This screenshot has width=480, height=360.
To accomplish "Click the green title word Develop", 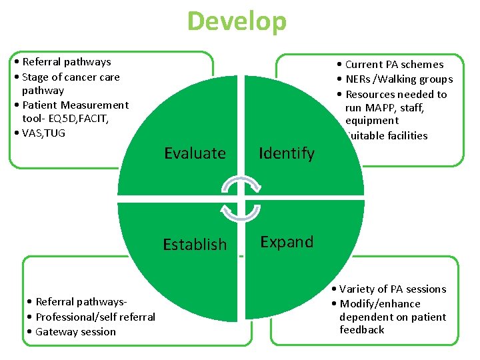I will pos(237,21).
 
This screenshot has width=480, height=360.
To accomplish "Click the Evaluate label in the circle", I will pos(195,153).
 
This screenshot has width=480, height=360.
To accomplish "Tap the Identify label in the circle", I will pos(287,153).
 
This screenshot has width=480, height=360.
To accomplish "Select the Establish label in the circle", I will pos(195,245).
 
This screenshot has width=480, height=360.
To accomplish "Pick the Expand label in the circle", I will pos(287,242).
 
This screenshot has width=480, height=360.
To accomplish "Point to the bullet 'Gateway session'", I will pos(75,332).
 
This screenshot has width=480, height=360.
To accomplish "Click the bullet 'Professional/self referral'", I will pos(95,317).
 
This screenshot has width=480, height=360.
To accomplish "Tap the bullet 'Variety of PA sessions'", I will pos(392,289).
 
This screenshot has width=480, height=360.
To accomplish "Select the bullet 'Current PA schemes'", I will pos(393,65).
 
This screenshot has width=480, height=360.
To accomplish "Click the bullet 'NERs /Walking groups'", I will pos(399,79).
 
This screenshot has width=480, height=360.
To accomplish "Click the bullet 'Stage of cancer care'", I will pos(71,77).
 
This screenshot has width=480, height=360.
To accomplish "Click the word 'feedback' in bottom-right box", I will pos(361,330).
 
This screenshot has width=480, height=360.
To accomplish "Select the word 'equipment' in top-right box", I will pos(371,121).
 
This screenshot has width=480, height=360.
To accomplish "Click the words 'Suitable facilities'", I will pos(386,136).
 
